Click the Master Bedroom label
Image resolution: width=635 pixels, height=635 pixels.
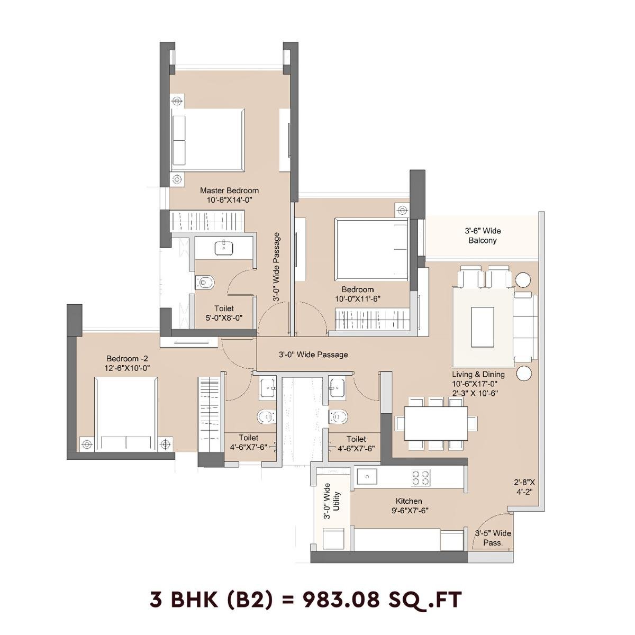[229, 190]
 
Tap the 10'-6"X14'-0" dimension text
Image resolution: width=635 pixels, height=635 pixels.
[229, 201]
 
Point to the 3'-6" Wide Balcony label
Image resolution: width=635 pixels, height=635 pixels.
[483, 236]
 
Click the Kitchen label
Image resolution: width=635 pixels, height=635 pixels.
[409, 501]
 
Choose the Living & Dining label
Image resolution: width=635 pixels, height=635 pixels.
[478, 375]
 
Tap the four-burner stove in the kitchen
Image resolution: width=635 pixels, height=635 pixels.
[421, 477]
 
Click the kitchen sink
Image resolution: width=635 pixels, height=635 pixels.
[367, 477]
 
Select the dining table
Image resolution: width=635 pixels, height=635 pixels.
[436, 423]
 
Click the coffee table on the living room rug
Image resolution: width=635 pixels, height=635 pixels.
[482, 327]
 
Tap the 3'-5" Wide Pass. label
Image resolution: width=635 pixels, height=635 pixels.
[493, 538]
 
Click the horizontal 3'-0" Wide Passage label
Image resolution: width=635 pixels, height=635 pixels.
[313, 355]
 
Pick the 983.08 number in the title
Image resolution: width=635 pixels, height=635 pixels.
[341, 600]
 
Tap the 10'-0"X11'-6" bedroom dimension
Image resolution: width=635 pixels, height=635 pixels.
[358, 299]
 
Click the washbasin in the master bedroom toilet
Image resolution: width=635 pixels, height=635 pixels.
[224, 247]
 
